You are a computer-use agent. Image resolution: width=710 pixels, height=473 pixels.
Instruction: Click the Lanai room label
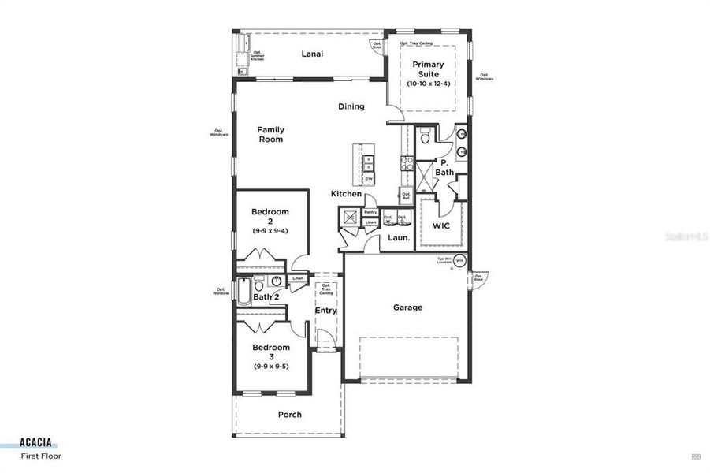[313, 54]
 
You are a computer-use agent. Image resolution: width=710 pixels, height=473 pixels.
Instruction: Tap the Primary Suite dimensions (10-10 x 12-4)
[426, 84]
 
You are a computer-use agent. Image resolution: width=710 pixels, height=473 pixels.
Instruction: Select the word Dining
[351, 106]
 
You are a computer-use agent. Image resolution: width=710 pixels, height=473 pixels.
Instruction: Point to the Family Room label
[270, 135]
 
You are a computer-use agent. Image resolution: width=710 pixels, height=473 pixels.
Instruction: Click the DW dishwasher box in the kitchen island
[368, 179]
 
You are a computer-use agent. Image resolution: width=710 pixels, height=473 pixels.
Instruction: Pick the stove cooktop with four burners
[408, 164]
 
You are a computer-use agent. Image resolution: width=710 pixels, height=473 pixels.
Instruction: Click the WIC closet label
[441, 225]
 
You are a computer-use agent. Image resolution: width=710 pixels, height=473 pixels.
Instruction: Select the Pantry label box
[370, 212]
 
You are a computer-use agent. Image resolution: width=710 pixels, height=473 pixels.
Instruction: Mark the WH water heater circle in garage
[460, 261]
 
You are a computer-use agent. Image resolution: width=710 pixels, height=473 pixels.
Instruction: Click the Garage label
[407, 307]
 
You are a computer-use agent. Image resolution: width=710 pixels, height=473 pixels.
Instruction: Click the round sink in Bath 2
[277, 282]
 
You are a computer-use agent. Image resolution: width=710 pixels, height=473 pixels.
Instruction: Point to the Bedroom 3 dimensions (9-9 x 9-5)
[270, 367]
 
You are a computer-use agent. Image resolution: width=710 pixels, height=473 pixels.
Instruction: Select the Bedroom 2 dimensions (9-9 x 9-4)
[270, 231]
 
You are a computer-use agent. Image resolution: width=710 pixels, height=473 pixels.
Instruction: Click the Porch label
[289, 414]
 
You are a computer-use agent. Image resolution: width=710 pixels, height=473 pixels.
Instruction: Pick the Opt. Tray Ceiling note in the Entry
[325, 289]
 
